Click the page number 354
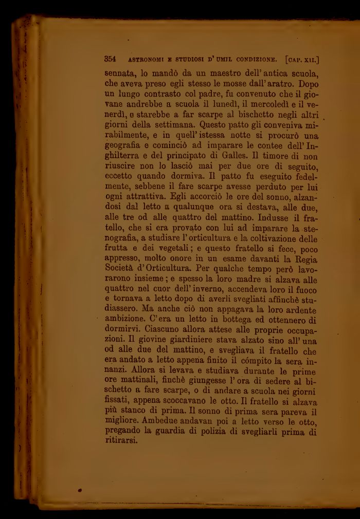[111, 58]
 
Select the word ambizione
[123, 329]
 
